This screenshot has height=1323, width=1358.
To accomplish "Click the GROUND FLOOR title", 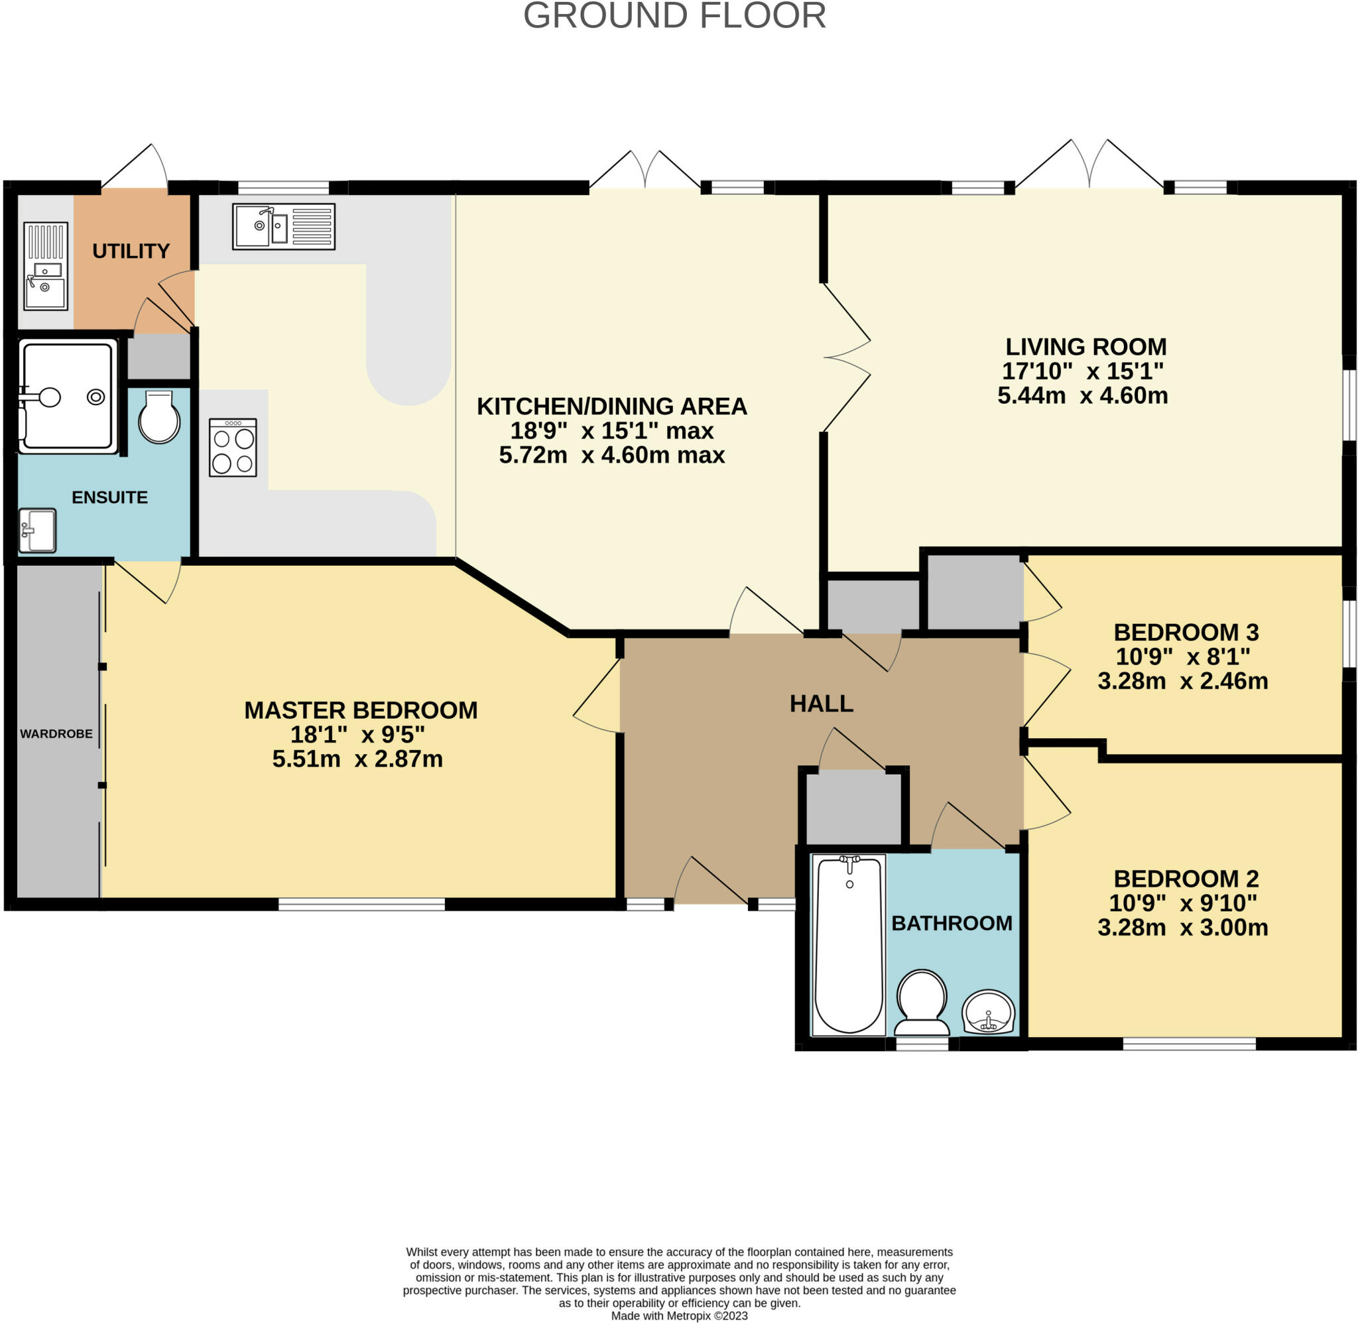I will pyautogui.click(x=674, y=15).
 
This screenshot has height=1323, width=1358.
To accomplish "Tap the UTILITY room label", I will pyautogui.click(x=131, y=251).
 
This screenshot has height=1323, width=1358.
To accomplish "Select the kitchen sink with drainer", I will pyautogui.click(x=283, y=227).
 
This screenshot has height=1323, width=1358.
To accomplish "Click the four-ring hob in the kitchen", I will pyautogui.click(x=233, y=448).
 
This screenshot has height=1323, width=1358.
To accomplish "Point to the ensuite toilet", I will pyautogui.click(x=159, y=417).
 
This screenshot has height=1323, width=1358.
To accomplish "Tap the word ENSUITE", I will pyautogui.click(x=110, y=497).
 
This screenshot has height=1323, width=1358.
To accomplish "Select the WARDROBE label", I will pyautogui.click(x=56, y=733).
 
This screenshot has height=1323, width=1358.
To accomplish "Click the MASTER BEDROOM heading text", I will pyautogui.click(x=361, y=710).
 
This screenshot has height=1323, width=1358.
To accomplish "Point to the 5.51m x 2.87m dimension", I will pyautogui.click(x=357, y=759).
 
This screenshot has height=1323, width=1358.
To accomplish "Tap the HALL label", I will pyautogui.click(x=821, y=704).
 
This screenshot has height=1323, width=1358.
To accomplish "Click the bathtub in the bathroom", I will pyautogui.click(x=849, y=945).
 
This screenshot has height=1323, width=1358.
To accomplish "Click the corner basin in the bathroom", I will pyautogui.click(x=989, y=1013).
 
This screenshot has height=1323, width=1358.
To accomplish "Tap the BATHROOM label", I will pyautogui.click(x=951, y=924).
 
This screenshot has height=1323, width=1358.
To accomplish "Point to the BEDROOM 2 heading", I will pyautogui.click(x=1186, y=879).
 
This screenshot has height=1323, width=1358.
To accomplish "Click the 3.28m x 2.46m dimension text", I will pyautogui.click(x=1182, y=681).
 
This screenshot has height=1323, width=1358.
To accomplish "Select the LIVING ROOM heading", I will pyautogui.click(x=1085, y=347).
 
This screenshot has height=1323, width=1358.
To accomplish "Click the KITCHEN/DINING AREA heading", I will pyautogui.click(x=611, y=407).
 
